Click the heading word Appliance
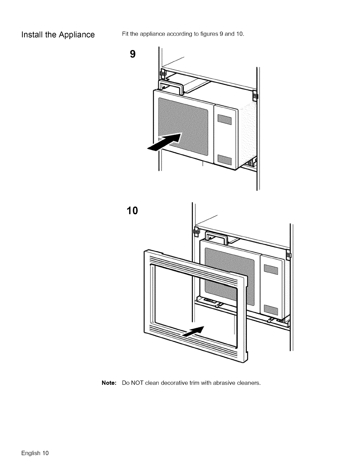76,35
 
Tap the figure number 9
133,54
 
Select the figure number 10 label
132,211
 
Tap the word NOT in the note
137,383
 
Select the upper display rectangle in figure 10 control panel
271,269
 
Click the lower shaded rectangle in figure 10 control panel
271,309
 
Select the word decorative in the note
175,383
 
